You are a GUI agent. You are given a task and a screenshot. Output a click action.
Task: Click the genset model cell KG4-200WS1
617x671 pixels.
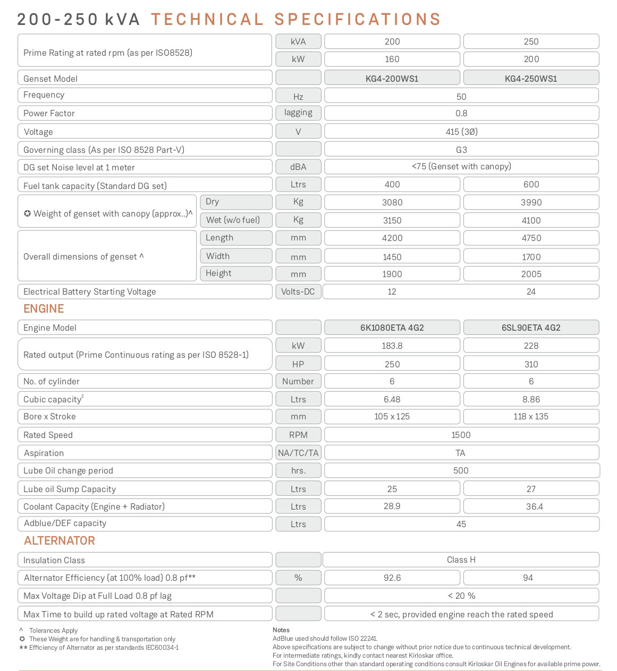click(x=392, y=79)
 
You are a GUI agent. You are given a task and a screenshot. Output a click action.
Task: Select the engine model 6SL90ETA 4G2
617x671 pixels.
click(x=531, y=328)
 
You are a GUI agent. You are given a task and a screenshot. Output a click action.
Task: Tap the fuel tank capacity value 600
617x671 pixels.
click(x=531, y=184)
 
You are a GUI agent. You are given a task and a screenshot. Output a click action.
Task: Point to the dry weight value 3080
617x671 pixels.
click(x=392, y=202)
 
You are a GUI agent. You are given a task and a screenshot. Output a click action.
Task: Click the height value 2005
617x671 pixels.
click(x=531, y=274)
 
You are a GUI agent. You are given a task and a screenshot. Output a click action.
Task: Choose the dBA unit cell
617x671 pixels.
click(x=298, y=167)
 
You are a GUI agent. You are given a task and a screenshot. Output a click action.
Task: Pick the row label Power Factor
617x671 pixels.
click(x=49, y=113)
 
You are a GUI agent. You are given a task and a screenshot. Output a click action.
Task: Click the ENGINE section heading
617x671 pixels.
click(x=44, y=309)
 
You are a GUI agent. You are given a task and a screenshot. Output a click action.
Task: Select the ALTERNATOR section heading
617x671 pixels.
click(x=60, y=541)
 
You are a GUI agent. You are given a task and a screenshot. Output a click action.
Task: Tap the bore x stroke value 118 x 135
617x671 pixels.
click(x=531, y=417)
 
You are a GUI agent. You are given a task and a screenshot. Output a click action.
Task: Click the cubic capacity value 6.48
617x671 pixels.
click(x=392, y=399)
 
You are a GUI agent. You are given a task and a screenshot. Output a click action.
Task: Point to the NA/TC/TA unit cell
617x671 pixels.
click(x=298, y=453)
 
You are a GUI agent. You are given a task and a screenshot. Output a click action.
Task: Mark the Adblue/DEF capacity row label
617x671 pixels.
click(x=65, y=523)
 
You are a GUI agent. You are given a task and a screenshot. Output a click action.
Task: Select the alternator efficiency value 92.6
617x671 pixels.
click(x=392, y=578)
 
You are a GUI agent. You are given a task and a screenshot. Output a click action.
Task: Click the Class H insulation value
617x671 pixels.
click(x=461, y=560)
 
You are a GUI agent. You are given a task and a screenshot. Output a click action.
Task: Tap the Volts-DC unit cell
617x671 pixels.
click(x=298, y=291)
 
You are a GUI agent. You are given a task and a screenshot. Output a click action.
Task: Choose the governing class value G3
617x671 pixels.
click(x=461, y=150)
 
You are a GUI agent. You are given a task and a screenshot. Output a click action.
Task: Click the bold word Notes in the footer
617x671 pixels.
click(x=281, y=630)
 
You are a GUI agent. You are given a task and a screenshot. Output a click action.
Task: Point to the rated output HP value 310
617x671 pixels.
click(x=531, y=364)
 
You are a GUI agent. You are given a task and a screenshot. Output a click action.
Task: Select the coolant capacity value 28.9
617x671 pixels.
click(x=392, y=506)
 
